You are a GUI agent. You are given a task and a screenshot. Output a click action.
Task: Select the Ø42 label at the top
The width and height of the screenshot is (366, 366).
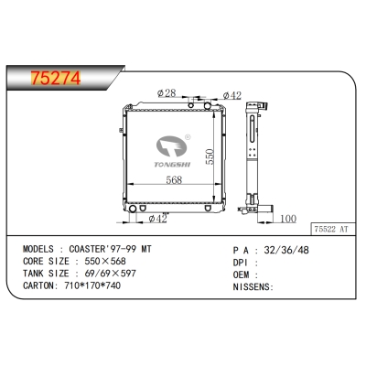[231, 95]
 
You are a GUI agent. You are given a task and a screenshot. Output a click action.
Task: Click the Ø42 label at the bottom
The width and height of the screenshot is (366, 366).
[156, 218]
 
